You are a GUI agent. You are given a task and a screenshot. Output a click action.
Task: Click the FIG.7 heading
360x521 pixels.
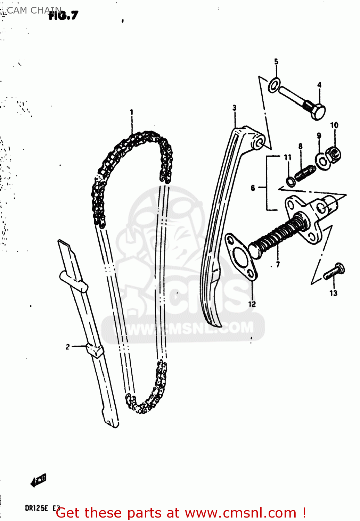pos(64,16)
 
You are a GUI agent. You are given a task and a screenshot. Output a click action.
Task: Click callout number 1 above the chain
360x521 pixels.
pos(131,112)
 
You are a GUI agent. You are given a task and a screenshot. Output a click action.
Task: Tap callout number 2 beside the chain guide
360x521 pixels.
pos(68,346)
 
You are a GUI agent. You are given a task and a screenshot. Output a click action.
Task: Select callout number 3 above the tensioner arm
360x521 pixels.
pos(235,108)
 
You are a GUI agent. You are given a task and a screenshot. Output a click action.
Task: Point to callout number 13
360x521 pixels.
pos(333,293)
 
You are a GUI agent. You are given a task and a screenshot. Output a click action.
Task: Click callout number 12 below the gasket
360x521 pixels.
pos(252,304)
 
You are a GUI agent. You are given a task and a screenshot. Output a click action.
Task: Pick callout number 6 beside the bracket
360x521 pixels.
pos(253,188)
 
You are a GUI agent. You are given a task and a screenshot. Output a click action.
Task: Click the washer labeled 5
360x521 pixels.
pos(274,85)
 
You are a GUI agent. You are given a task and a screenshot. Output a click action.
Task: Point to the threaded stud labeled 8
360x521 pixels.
pos(305,173)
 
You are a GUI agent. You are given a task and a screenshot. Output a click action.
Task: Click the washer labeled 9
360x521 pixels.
pos(322,161)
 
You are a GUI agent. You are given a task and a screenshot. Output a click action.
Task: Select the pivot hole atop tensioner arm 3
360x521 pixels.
pos(260,143)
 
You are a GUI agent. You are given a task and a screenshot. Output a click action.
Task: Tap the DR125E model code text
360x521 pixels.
pos(36,508)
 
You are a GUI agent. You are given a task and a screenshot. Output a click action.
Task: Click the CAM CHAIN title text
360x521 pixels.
pos(33,10)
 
